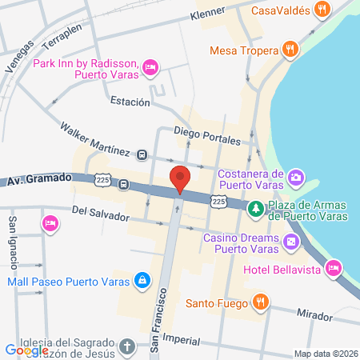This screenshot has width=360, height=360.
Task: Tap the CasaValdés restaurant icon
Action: tap(322, 10)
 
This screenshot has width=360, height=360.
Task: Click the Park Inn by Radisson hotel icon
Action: tap(150, 70)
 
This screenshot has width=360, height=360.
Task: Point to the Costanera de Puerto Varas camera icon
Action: tap(295, 177)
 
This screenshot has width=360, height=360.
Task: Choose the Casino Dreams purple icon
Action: tap(291, 241)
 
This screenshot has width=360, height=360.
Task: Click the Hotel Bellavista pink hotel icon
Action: tap(334, 266)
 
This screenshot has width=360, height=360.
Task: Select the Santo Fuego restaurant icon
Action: tap(259, 302)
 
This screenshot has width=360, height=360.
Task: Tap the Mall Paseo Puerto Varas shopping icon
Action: tap(142, 280)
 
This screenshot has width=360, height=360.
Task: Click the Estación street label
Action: tap(130, 102)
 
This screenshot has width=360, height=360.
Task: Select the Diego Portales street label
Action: tap(207, 134)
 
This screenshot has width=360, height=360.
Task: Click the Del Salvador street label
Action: tap(99, 212)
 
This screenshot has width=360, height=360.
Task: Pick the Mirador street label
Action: tap(314, 315)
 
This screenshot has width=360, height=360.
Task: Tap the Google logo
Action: tap(26, 350)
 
